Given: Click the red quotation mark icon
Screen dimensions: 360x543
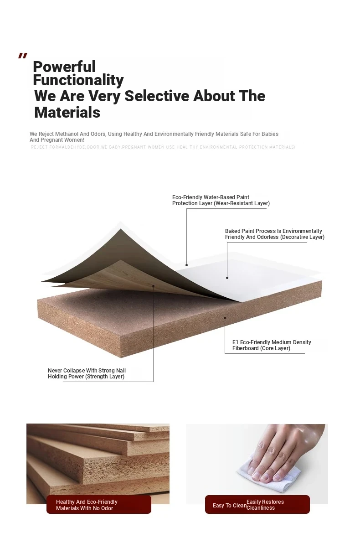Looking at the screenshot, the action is point(22,56).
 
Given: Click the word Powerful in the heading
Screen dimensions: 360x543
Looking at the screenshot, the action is point(64,67).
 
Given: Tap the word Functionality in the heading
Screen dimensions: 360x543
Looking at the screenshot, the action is point(78,80).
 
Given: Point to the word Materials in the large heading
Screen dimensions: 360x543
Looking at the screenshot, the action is point(67,113).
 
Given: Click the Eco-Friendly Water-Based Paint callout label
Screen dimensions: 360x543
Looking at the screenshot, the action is point(221,200).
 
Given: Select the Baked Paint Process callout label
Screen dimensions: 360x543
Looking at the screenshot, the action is point(274,234).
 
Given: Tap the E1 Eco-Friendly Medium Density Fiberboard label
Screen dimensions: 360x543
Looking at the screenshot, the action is point(272,345).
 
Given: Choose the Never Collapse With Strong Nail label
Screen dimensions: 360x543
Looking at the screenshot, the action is point(87,374).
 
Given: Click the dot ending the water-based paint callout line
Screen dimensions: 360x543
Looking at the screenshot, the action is point(186,265).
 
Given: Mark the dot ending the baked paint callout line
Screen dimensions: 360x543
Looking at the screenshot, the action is point(227,278).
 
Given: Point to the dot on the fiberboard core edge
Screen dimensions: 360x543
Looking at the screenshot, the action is point(225,318).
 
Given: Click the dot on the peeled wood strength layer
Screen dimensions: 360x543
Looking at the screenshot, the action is point(154,286).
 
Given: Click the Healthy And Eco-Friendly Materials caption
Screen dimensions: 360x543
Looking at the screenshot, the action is point(87,505).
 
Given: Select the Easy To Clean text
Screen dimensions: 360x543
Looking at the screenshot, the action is point(230,506).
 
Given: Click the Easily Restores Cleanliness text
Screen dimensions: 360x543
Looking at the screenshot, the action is point(265,505).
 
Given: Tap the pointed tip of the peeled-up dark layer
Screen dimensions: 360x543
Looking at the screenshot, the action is point(120,229).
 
